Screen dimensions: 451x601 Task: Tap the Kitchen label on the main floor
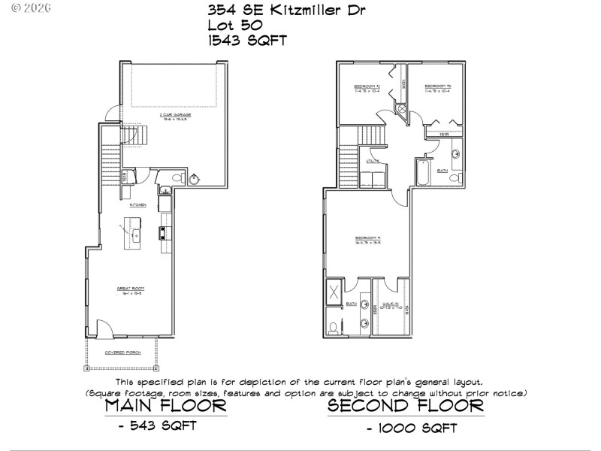(137, 204)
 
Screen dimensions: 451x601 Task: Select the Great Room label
(129, 288)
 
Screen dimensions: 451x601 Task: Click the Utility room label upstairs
(372, 161)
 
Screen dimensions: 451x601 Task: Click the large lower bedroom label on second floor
(368, 242)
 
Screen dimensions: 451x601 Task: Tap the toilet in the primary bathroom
(334, 328)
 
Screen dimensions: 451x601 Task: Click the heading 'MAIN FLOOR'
(165, 406)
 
